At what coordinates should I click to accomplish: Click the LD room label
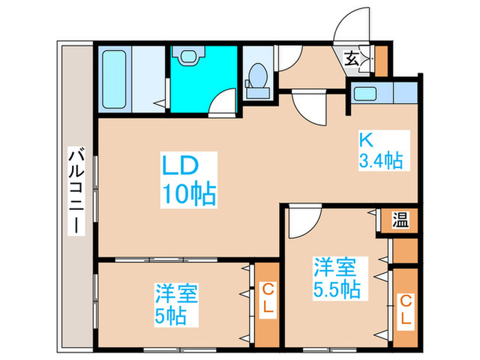[180, 167]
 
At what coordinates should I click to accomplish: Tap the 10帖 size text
[189, 195]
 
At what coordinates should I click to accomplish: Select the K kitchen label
[366, 140]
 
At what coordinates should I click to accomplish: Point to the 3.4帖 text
[380, 162]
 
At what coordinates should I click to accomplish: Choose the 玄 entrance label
[351, 59]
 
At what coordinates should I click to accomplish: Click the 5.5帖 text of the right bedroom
[337, 289]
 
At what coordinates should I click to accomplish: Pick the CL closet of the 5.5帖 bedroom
[405, 309]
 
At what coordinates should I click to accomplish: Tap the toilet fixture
[258, 78]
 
